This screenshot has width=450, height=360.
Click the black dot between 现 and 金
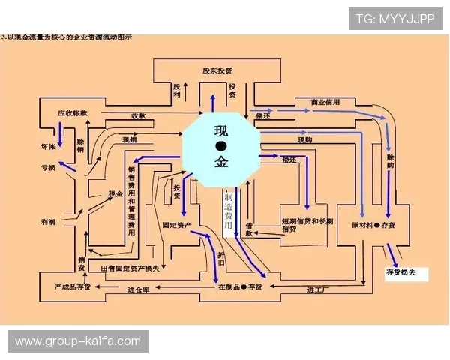coord(221,146)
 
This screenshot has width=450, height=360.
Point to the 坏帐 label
coord(48,147)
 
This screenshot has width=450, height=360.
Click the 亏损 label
coord(48,168)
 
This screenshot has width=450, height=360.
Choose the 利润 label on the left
coord(49,223)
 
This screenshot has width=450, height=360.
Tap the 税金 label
coord(115,194)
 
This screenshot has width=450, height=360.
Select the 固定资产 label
coord(176,224)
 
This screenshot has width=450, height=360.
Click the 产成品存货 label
coord(73,286)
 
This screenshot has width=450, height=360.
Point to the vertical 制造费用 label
coord(229,211)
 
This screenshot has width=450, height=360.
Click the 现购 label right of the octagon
coord(305,139)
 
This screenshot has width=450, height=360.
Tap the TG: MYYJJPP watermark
coord(394,18)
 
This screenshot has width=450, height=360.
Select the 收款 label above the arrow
coord(138,116)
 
